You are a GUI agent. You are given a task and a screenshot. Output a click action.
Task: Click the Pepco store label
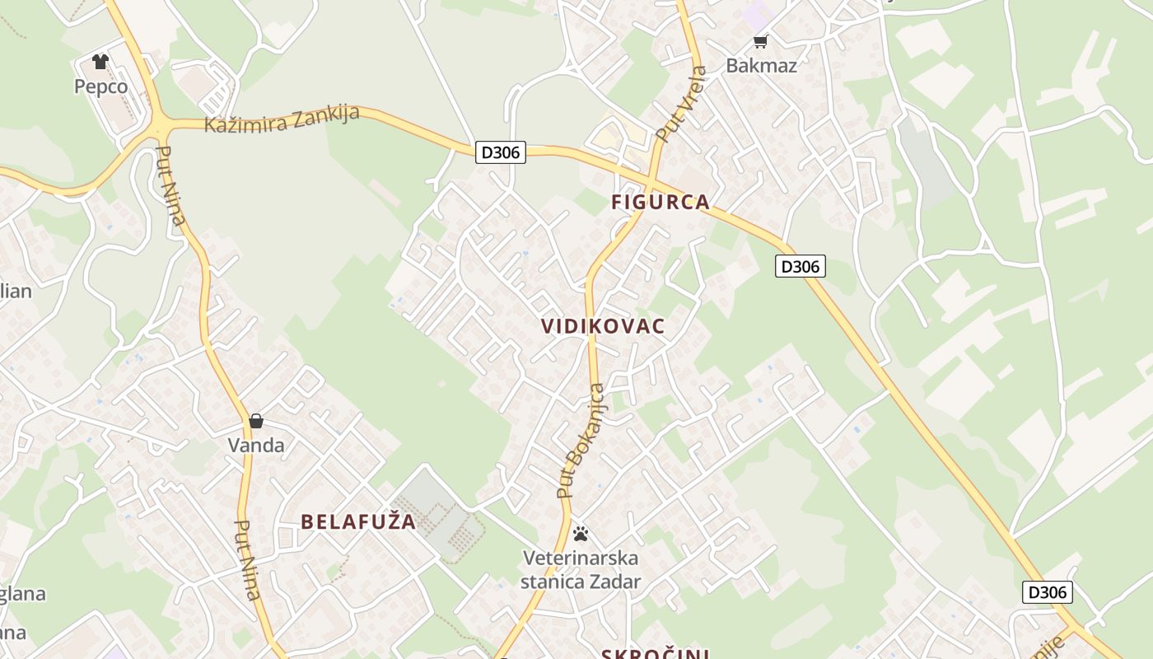(100, 86)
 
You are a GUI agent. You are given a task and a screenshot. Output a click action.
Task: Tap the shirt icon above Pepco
(100, 62)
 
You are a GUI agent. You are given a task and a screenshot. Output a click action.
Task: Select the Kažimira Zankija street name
(282, 119)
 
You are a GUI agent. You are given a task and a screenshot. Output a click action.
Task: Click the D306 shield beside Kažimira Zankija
(501, 152)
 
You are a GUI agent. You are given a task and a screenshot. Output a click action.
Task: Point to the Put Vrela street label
(680, 103)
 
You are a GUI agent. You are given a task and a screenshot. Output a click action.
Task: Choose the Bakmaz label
(761, 66)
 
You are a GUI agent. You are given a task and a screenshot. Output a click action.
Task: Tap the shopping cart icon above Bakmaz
(760, 41)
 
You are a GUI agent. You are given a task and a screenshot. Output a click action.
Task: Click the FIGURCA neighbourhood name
(661, 202)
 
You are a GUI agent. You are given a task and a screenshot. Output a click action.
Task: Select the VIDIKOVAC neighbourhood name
(603, 326)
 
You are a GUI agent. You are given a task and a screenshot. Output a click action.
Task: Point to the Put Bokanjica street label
(581, 441)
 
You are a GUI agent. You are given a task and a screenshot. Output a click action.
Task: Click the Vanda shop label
(256, 446)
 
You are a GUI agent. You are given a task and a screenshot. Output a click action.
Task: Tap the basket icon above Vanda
(256, 421)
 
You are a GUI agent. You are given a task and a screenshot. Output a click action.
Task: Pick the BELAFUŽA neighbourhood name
(358, 521)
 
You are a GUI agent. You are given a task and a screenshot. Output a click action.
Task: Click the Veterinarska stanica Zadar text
(581, 570)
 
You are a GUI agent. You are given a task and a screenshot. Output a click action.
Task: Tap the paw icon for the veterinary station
(581, 534)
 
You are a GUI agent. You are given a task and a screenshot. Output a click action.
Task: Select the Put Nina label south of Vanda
(248, 560)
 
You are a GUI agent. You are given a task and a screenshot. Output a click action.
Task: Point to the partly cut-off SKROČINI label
(655, 653)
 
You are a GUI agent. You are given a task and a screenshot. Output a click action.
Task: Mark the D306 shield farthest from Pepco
(1048, 592)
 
